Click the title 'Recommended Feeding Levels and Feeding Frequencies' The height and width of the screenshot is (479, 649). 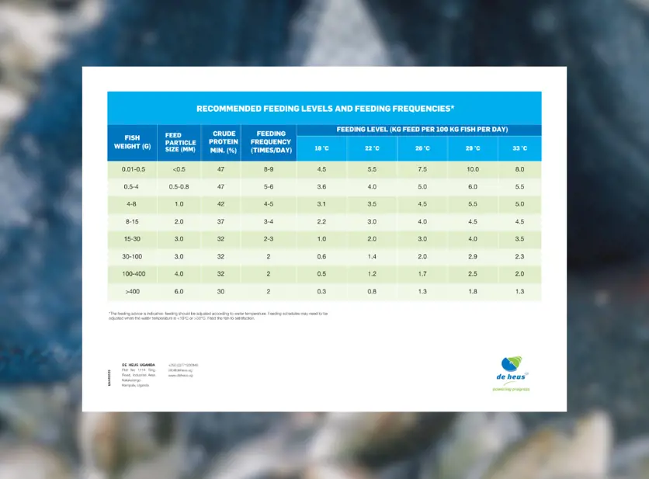click(324, 109)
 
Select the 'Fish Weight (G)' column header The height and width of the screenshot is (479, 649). click(132, 142)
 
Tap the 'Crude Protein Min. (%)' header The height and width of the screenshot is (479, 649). click(224, 142)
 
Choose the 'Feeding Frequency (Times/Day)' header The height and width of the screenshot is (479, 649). click(272, 142)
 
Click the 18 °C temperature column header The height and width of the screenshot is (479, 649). click(321, 148)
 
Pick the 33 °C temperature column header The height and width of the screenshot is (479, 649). click(519, 148)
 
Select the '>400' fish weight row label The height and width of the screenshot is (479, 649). click(132, 291)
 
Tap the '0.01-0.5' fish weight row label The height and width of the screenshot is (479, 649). click(132, 169)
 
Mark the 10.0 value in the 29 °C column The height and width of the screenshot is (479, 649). click(472, 169)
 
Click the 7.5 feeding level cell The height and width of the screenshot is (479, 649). click(422, 169)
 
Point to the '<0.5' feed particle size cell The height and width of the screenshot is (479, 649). click(179, 169)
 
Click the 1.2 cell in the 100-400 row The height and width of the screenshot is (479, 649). click(372, 274)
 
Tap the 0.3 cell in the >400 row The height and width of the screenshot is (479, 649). click(321, 291)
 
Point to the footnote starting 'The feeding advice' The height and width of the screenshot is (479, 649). click(217, 316)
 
